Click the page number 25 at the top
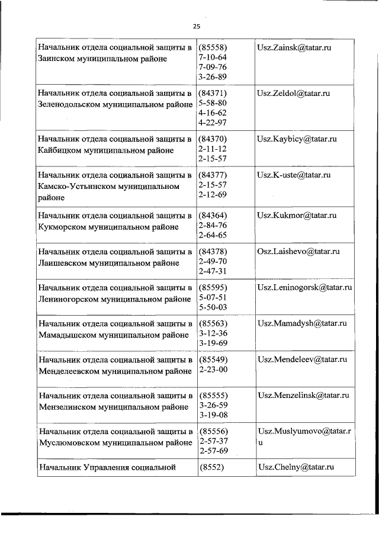pos(197,27)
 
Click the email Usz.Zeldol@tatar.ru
pos(293,94)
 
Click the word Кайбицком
pos(57,150)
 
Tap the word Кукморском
pos(60,227)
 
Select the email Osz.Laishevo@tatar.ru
pos(298,252)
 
